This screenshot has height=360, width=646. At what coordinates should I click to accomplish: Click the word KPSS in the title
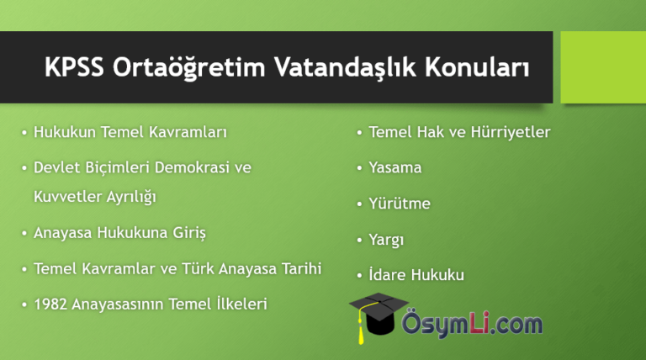[x=74, y=66]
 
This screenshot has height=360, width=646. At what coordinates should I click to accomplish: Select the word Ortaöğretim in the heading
[x=188, y=68]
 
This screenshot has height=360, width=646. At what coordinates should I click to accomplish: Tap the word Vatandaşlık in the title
[x=345, y=67]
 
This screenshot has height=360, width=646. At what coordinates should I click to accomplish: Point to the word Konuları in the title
[x=477, y=67]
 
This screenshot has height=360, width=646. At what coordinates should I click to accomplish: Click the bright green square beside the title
[x=603, y=67]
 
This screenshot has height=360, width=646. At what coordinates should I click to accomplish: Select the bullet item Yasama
[x=395, y=167]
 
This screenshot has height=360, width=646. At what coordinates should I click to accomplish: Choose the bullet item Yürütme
[x=400, y=203]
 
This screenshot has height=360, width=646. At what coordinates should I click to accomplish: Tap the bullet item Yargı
[x=386, y=240]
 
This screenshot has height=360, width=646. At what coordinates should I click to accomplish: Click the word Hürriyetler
[x=511, y=132]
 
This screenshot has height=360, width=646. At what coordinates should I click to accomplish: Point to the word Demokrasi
[x=192, y=167]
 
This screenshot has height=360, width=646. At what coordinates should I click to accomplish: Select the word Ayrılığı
[x=131, y=197]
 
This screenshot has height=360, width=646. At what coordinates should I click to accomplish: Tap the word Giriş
[x=189, y=233]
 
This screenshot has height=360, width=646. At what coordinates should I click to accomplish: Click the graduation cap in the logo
[x=378, y=314]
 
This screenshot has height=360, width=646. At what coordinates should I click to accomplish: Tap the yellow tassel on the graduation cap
[x=362, y=329]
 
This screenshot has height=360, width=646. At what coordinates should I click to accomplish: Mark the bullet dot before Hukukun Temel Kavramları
[x=24, y=133]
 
